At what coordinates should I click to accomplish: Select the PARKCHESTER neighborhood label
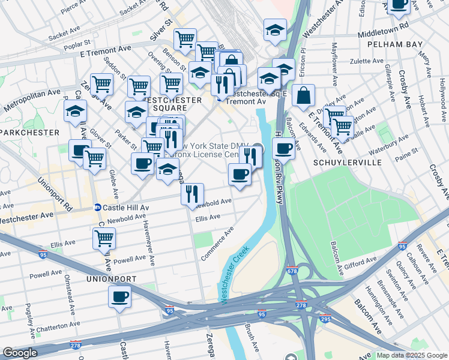coord(29,132)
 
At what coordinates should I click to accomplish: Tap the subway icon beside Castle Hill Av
coord(97,208)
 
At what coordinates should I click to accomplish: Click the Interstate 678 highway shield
coord(292,271)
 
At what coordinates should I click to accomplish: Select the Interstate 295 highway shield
coord(325,319)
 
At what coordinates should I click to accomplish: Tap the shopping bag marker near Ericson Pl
coord(304,95)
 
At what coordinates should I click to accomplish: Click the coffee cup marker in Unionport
coord(119,296)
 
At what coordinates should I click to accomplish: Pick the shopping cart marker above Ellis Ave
coord(104,238)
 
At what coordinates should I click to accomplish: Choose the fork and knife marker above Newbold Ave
coord(192,193)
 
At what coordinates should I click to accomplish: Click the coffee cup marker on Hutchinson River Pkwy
coord(283,148)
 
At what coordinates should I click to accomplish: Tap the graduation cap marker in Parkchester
coord(75,111)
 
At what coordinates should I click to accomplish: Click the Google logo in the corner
coord(20,353)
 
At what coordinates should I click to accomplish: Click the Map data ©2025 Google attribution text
coord(411,355)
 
